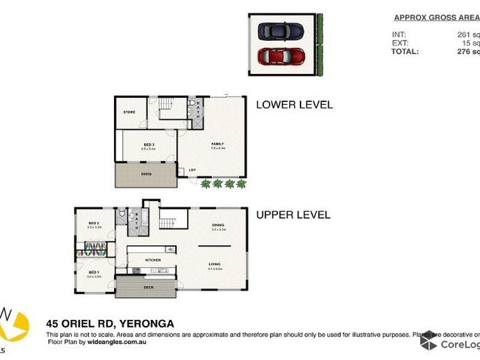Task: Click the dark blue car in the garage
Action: (x=280, y=31)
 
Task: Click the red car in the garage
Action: (x=280, y=57)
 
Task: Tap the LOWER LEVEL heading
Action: (x=294, y=104)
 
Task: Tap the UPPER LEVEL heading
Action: (x=293, y=214)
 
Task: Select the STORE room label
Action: (x=129, y=112)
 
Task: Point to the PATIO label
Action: (x=146, y=174)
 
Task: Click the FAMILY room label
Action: (x=217, y=145)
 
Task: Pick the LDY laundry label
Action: (x=193, y=170)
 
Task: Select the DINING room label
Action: (x=218, y=226)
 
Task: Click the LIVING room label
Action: (x=215, y=264)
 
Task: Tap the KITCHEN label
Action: (x=152, y=260)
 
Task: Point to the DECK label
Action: (x=149, y=287)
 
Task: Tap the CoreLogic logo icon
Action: (x=428, y=342)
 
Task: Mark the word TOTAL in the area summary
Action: (x=406, y=52)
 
